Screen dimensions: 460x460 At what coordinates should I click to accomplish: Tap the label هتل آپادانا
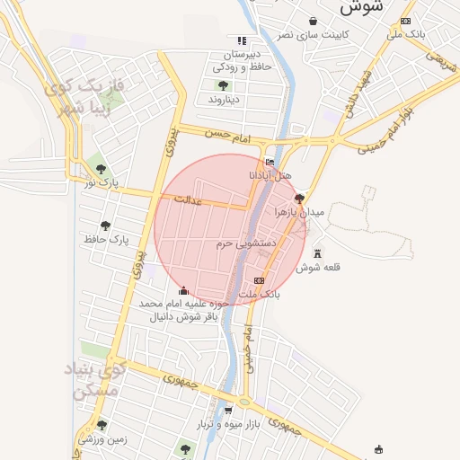coord(270,175)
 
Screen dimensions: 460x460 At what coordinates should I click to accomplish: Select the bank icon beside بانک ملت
coord(260,281)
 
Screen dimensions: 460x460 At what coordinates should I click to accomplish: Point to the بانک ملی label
coord(406,34)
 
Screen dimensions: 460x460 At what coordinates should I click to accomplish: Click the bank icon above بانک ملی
coord(406,21)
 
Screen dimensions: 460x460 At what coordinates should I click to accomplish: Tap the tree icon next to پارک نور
coord(102,169)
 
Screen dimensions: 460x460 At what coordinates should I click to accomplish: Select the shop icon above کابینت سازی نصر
coord(312,21)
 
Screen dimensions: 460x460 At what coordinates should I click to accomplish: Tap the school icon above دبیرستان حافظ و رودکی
coord(241,40)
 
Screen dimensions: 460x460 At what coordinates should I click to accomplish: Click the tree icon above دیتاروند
coord(222,85)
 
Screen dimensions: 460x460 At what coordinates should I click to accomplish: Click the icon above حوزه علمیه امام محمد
coord(184,290)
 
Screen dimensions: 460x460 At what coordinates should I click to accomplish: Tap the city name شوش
coord(362,6)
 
